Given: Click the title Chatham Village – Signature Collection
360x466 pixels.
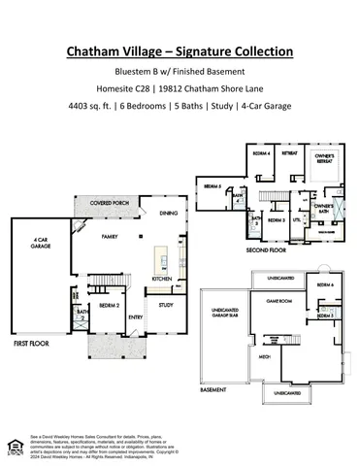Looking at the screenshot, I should click(x=180, y=50).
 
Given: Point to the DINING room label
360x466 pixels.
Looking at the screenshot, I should click(x=168, y=213).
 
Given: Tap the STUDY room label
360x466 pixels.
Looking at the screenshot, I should click(x=166, y=304).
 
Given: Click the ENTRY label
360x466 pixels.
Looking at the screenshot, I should click(x=135, y=316).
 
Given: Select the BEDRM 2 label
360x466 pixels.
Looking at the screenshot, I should click(x=109, y=304).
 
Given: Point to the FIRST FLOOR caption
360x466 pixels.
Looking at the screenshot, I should click(x=32, y=343).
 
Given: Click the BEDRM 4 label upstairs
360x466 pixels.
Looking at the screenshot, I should click(x=261, y=153).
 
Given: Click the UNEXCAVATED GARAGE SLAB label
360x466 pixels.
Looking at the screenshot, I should click(x=224, y=315).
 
